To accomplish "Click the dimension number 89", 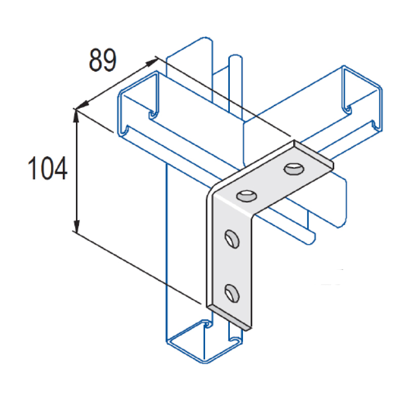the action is point(103,60).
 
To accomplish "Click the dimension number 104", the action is point(48,169).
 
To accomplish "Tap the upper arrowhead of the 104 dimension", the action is point(76,116).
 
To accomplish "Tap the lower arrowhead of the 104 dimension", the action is point(76,225).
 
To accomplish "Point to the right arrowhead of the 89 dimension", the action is point(151,62).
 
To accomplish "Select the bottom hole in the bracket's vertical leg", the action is point(232,293).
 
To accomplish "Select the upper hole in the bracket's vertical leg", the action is point(232,239).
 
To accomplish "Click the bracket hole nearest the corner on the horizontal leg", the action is point(247,196).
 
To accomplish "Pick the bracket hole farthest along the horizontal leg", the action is point(294,169).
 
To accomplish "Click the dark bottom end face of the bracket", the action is point(229,317).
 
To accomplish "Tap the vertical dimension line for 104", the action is point(76,171).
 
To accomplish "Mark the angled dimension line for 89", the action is point(117,84).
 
